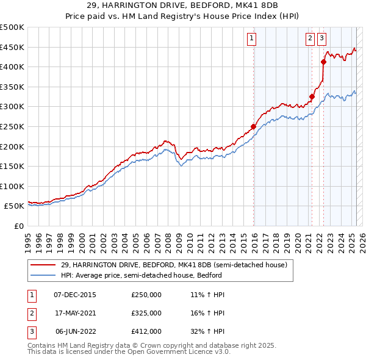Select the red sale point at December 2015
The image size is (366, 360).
[x=253, y=127]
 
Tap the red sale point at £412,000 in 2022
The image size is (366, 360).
[x=323, y=62]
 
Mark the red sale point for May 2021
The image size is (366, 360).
[x=312, y=96]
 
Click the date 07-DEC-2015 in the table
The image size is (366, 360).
[x=74, y=295]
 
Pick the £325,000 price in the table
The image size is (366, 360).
[x=146, y=313]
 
